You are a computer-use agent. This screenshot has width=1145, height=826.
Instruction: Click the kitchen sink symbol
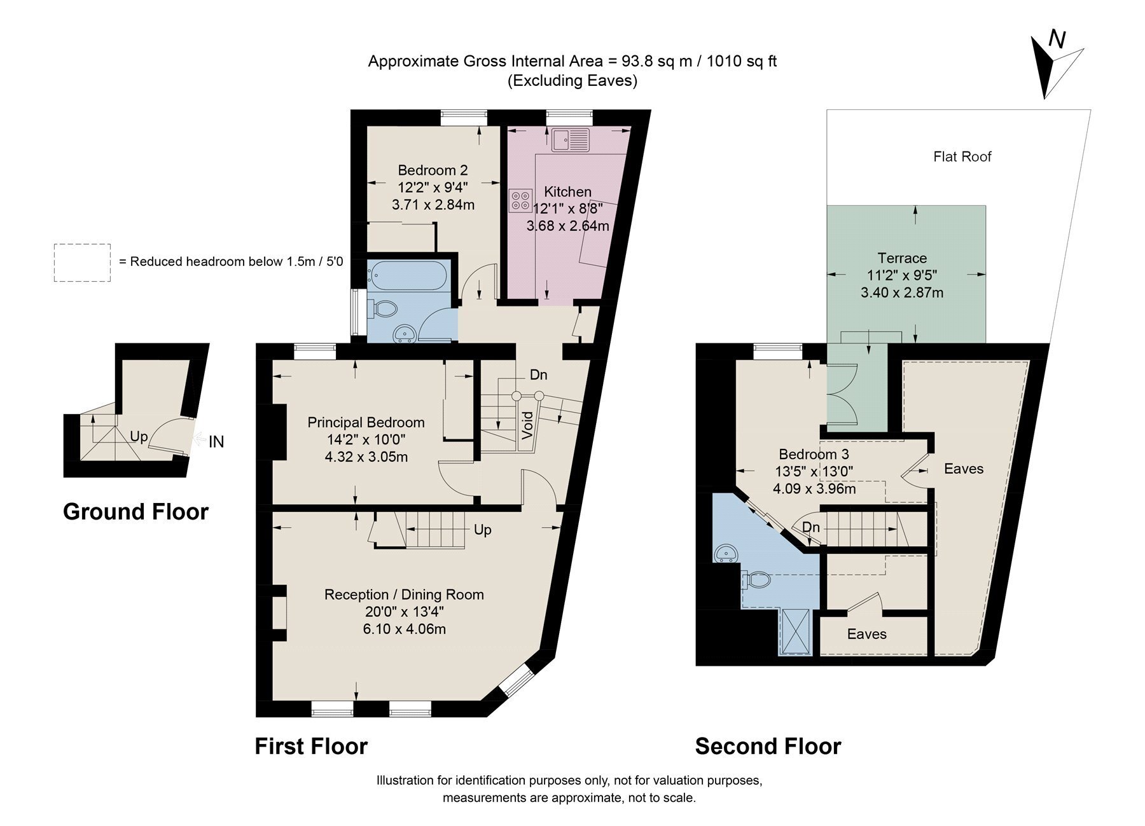[x=571, y=140]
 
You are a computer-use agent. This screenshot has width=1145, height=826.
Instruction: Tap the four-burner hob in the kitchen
[x=520, y=201]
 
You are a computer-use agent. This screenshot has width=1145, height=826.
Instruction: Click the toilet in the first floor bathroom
[x=385, y=310]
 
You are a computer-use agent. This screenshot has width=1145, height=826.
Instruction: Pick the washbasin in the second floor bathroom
[x=726, y=553]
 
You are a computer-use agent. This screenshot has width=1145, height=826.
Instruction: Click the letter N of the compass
[x=1057, y=40]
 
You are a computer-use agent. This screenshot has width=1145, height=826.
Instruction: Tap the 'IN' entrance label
[x=216, y=441]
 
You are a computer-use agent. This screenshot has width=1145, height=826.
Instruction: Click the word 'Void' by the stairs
[x=527, y=425]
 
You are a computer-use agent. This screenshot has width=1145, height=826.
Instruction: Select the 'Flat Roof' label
[x=962, y=156]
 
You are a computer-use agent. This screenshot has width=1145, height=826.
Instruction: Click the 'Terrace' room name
[x=902, y=258]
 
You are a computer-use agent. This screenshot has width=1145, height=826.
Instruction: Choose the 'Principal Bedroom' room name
[x=366, y=422]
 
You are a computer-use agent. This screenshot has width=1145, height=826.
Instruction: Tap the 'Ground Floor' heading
[x=135, y=512]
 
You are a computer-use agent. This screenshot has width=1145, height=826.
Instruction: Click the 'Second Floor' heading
[x=768, y=746]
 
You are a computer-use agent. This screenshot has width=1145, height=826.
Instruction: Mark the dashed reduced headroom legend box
[x=82, y=263]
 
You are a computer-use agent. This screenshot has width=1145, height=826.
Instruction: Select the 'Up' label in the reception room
[x=482, y=530]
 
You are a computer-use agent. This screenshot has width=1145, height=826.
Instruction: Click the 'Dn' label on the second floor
[x=810, y=527]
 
